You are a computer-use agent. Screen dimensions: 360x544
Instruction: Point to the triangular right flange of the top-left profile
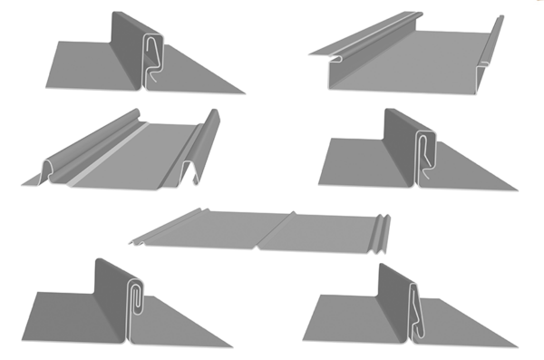coord(195,77)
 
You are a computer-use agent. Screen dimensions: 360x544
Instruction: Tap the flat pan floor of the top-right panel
coord(417,59)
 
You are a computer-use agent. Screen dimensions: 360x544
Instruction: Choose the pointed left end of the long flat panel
coord(136,242)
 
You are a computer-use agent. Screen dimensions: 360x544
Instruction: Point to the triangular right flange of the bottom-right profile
coord(462,326)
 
